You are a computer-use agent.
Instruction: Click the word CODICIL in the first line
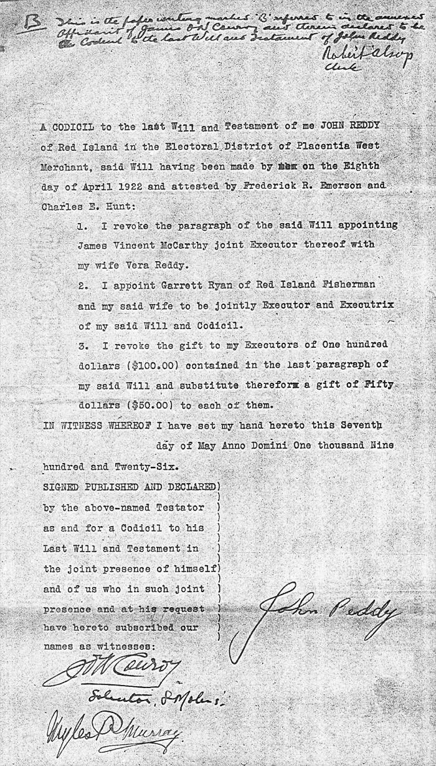pos(72,127)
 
